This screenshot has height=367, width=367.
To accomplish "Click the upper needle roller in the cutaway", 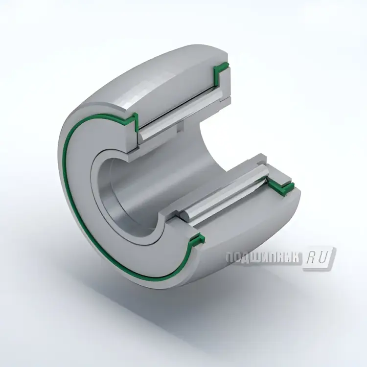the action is pos(182,115).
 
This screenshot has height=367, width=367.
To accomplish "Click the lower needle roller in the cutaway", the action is pos(225,192).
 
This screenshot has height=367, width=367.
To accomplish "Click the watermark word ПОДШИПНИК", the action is pos(263,258).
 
